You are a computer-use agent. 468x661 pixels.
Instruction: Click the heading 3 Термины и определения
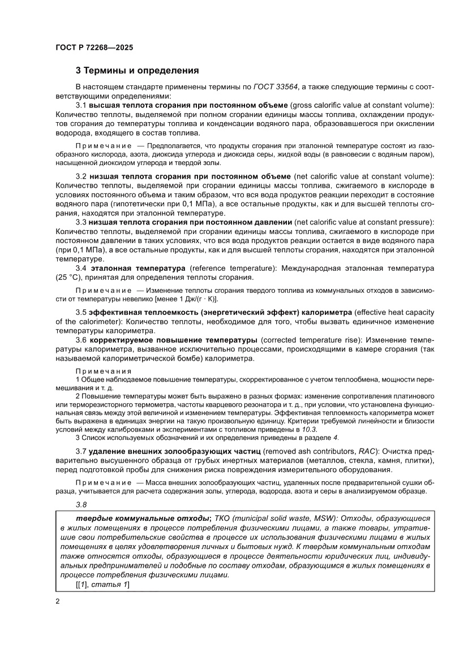pos(137,71)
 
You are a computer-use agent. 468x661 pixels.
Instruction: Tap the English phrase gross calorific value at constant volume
pos(361,106)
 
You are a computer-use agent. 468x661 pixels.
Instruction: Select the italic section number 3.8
pos(81,505)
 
